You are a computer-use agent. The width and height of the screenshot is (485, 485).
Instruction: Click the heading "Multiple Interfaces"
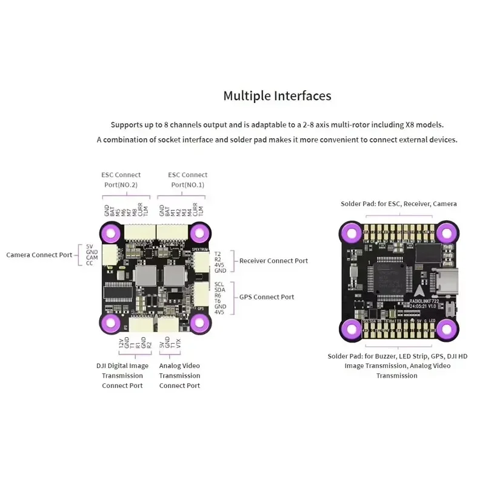277,96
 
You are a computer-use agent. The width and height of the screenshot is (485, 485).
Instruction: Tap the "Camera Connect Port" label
39,255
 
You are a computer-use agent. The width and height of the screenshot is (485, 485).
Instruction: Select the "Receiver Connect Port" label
273,261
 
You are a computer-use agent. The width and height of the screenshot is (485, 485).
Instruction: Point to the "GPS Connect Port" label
267,297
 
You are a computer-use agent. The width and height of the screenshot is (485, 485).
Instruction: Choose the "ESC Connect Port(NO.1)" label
187,179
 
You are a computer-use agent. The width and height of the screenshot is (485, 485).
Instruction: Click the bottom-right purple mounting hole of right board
446,329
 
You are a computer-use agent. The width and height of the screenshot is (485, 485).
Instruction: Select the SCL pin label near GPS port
219,284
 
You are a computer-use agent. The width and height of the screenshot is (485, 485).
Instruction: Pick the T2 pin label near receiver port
218,253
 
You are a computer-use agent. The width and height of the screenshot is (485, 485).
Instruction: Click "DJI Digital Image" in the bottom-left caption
122,366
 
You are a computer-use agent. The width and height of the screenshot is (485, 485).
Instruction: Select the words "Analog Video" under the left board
179,366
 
